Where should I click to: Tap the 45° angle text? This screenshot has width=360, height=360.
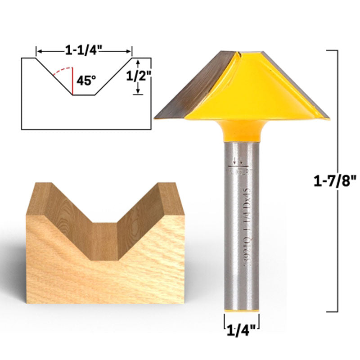tap(86, 81)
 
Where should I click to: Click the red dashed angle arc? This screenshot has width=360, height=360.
tap(61, 71)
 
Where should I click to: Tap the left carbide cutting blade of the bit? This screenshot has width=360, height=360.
tap(193, 85)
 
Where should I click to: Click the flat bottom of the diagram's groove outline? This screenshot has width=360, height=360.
tap(83, 95)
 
